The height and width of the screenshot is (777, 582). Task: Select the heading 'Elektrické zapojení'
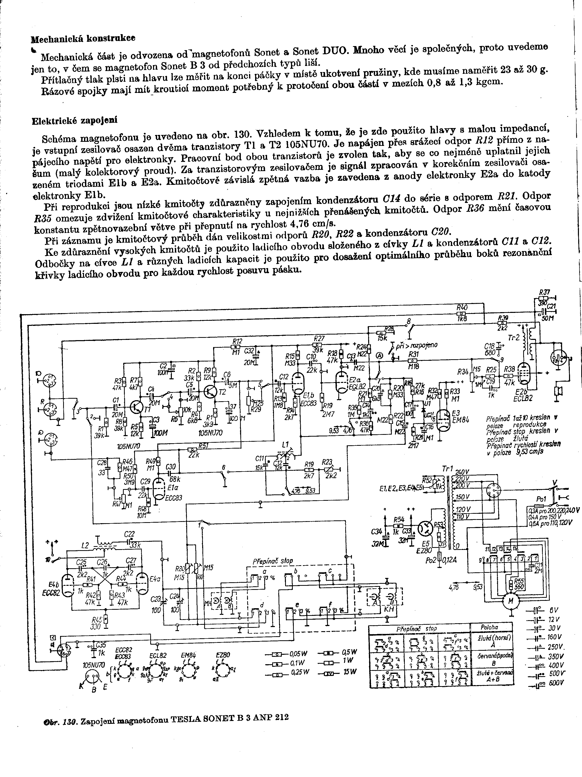pyautogui.click(x=74, y=120)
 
